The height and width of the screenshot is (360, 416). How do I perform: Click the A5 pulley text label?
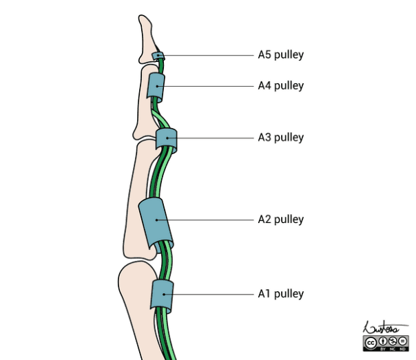280,55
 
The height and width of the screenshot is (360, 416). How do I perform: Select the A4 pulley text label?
280,86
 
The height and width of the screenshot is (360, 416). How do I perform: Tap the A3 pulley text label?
280,137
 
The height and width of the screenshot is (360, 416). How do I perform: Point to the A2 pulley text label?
280,220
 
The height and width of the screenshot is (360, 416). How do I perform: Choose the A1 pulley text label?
280,294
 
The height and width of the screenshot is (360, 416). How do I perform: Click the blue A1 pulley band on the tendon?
161,295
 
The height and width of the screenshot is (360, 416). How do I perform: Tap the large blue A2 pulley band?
157,222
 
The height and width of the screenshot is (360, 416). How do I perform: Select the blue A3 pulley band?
167,140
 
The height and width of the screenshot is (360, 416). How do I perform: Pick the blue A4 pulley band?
156,87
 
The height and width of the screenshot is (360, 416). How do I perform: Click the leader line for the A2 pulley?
207,220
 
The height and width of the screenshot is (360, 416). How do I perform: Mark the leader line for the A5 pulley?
207,55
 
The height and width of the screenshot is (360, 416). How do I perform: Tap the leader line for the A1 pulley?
207,295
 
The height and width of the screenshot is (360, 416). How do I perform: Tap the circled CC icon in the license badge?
371,341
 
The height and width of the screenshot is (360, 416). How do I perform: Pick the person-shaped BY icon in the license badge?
381,341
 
